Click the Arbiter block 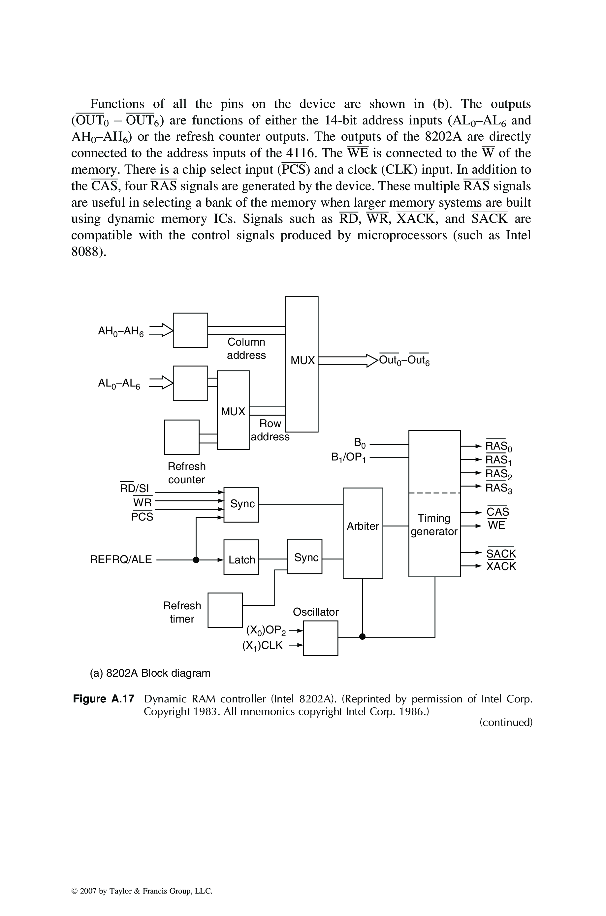click(x=363, y=533)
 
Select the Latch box click(x=241, y=560)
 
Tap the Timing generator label click(x=434, y=525)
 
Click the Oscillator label click(x=315, y=612)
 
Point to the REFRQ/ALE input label click(x=121, y=560)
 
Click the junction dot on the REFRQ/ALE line click(x=196, y=560)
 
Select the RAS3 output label click(x=498, y=488)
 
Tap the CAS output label click(x=497, y=512)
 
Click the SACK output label click(x=501, y=554)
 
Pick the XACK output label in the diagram click(x=501, y=566)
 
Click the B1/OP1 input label click(x=349, y=458)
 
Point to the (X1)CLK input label click(x=262, y=645)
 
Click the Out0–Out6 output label click(x=404, y=360)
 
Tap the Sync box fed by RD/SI click(x=241, y=504)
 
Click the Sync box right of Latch click(x=304, y=557)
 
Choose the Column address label click(x=246, y=348)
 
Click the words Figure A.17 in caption click(x=104, y=699)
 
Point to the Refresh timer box click(x=225, y=610)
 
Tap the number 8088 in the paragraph click(x=86, y=252)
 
